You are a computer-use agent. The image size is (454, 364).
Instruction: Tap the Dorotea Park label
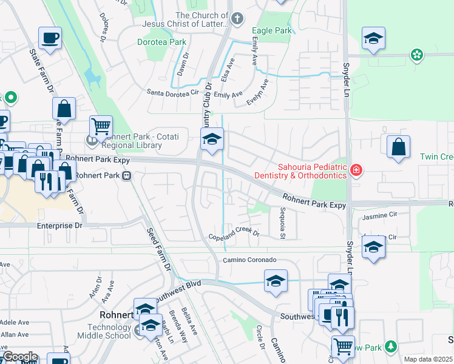tap(161, 42)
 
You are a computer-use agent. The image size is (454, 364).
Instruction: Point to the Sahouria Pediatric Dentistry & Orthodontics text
tap(312, 170)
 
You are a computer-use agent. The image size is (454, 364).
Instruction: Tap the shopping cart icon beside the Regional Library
tap(101, 126)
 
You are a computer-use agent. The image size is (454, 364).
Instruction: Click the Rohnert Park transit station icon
tap(127, 176)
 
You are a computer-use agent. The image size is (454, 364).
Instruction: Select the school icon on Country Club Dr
tap(212, 140)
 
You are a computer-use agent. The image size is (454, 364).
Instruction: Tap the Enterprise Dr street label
tap(59, 225)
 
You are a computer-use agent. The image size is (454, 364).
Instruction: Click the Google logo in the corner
tap(19, 357)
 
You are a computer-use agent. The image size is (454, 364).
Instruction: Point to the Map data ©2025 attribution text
tap(428, 359)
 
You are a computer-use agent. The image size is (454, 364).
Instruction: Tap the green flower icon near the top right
tap(416, 55)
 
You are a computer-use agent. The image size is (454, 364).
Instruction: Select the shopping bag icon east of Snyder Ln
tap(398, 147)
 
